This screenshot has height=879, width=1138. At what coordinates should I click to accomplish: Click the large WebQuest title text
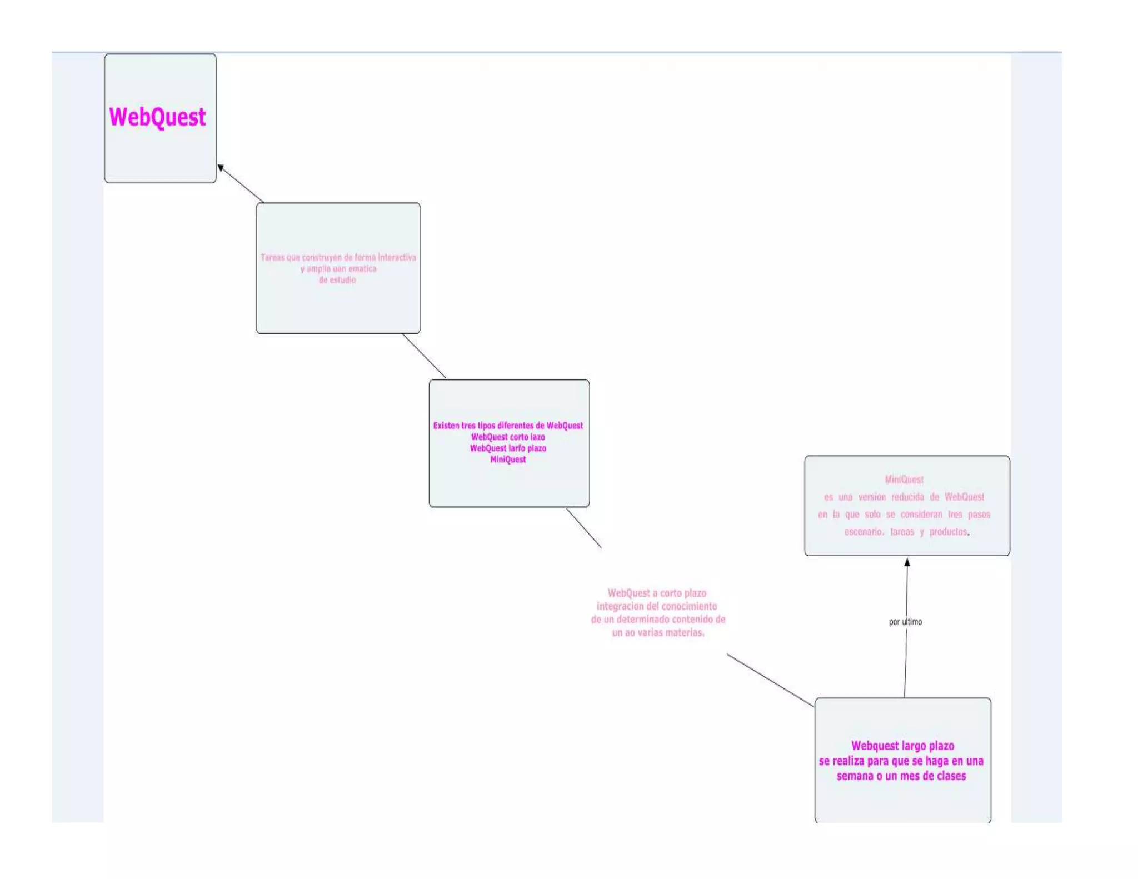point(158,117)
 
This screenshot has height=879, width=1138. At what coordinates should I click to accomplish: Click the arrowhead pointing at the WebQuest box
point(221,168)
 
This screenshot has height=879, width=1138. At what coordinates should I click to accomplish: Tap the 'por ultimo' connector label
point(905,622)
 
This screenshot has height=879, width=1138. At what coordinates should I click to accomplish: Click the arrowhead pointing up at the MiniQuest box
point(907,562)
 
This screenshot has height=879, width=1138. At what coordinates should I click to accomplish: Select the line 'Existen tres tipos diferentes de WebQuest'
point(508,426)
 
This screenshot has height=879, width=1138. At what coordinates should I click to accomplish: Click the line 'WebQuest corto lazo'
point(508,437)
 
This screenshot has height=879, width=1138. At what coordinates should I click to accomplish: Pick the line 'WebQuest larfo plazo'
point(508,448)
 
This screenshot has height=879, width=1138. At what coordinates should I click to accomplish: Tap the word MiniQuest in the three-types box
point(508,460)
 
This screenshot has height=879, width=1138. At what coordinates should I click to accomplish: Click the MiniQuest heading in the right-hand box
point(904,479)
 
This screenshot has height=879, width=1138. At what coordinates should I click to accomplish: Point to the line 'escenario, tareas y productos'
point(906,532)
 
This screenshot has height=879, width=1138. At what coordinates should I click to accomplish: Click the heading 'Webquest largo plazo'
point(902,746)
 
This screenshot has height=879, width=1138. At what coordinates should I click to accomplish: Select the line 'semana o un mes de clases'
point(901,776)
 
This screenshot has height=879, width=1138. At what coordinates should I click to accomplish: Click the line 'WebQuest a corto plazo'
point(657,593)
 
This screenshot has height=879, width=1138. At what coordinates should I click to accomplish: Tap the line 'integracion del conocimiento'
point(657,606)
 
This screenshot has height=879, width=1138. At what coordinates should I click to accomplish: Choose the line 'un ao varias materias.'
point(658,632)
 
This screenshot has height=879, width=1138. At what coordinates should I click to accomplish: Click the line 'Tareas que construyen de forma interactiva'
point(338,257)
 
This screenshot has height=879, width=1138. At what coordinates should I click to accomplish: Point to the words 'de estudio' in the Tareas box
point(337,280)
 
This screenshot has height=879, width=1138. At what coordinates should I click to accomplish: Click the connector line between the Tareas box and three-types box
point(424,356)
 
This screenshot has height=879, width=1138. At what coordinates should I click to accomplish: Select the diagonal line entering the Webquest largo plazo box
point(770,680)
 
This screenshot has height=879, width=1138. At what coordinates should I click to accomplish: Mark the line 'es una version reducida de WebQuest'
point(904,497)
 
